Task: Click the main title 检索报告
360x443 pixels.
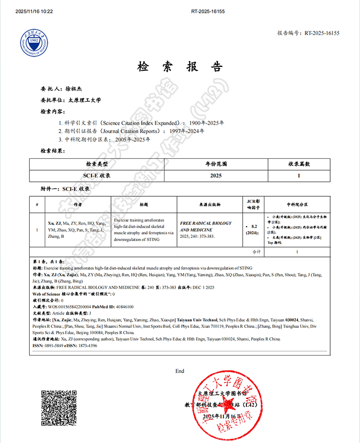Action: [180, 67]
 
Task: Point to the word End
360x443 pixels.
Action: [179, 371]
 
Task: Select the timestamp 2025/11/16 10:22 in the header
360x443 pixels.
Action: [34, 11]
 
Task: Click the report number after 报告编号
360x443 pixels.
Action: [322, 33]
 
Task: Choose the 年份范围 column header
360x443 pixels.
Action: [216, 164]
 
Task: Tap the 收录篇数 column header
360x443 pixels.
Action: [299, 164]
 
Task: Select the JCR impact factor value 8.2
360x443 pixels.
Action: [254, 226]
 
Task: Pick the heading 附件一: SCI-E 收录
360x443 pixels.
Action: [65, 189]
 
